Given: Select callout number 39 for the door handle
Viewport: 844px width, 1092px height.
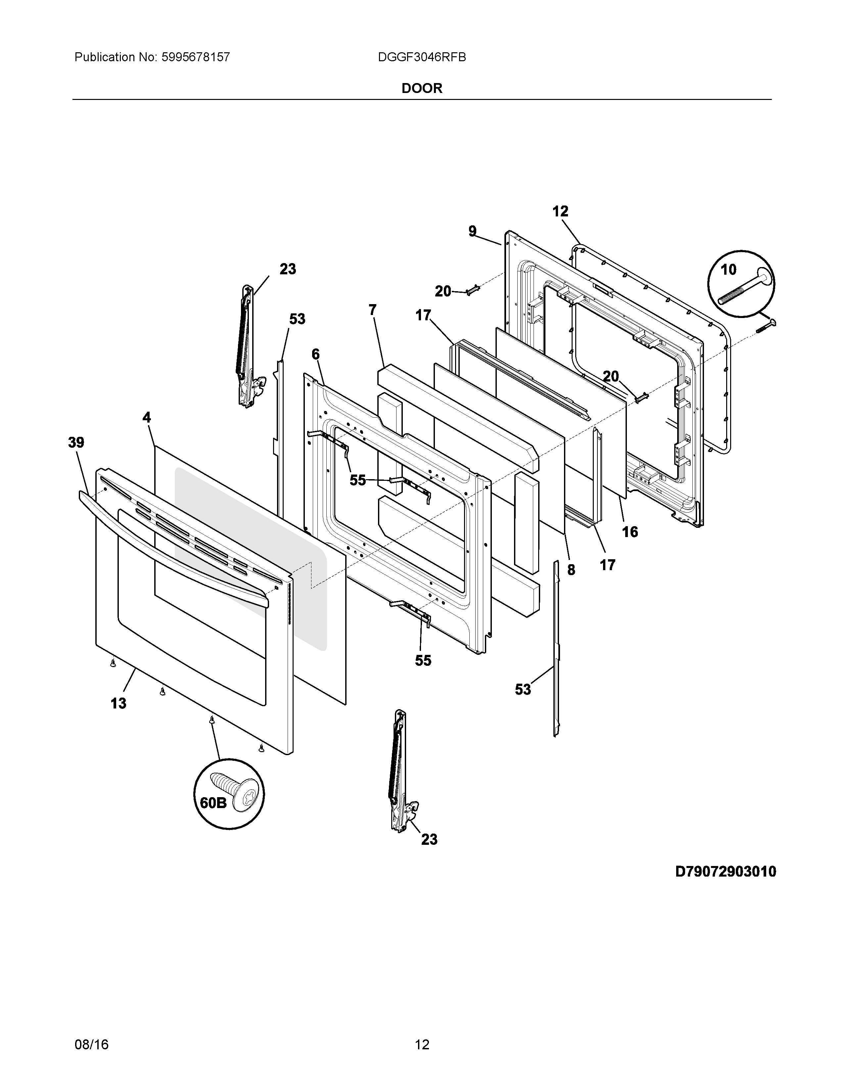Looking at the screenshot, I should pos(76,442).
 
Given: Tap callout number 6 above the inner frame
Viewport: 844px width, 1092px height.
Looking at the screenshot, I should pos(315,354).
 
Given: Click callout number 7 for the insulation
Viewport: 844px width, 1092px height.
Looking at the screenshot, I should pos(372,310).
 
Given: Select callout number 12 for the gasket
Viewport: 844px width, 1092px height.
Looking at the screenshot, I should pos(560,211).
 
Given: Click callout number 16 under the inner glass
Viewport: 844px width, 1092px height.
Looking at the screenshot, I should pos(630,531).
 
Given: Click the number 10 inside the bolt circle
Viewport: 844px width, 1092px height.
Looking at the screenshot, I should pos(728,270).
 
